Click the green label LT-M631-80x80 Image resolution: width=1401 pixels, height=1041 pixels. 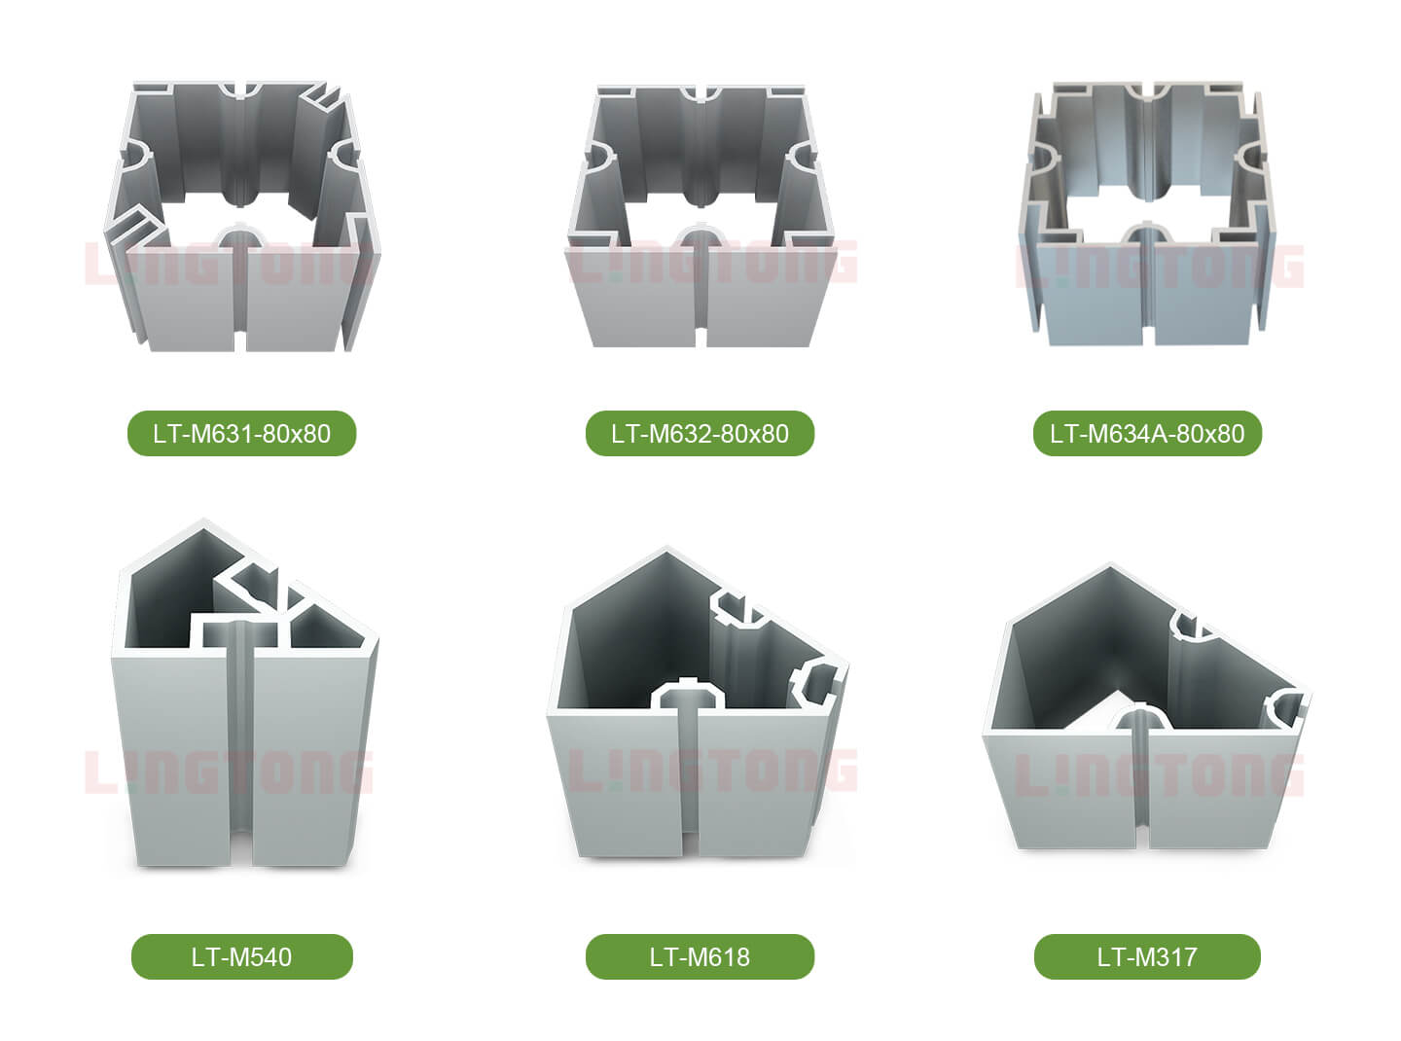(x=242, y=433)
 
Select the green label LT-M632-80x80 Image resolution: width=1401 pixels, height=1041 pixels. (x=700, y=433)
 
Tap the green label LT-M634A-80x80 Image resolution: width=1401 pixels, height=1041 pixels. (x=1147, y=433)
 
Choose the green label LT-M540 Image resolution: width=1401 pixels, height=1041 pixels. (x=242, y=957)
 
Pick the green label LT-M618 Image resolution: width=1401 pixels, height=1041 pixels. (x=700, y=957)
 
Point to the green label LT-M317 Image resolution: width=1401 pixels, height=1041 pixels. (x=1147, y=957)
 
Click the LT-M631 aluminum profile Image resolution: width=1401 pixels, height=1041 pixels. (x=242, y=216)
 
